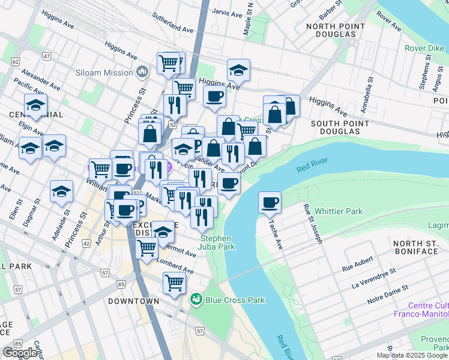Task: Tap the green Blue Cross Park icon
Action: [x=196, y=299]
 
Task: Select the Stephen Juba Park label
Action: [x=217, y=242]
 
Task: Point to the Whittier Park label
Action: [x=339, y=211]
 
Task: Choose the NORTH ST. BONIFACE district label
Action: [x=415, y=247]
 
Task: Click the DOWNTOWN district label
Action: [x=134, y=301]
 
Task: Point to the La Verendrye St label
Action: [x=374, y=278]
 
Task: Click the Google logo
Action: [x=20, y=353]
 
